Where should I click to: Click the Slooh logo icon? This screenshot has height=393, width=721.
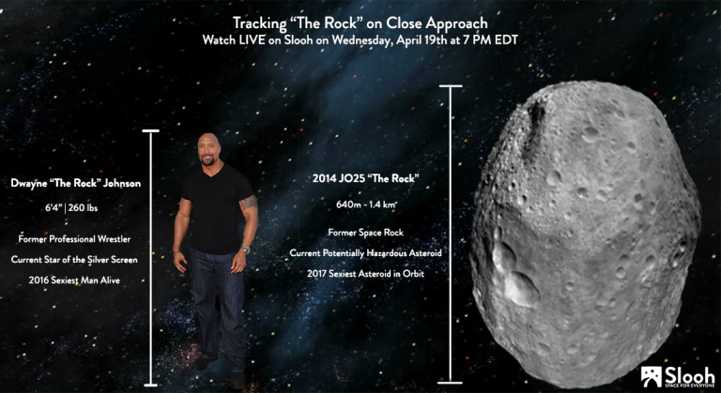652,376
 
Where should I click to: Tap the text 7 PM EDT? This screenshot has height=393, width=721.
489,40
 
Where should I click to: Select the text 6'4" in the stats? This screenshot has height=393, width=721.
53,208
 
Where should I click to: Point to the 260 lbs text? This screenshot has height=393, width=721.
83,208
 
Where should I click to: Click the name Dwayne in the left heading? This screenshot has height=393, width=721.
29,184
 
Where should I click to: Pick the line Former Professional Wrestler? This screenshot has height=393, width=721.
74,239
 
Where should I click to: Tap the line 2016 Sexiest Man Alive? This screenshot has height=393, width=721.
74,280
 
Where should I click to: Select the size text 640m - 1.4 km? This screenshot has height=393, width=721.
366,204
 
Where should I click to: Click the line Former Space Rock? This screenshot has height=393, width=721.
365,233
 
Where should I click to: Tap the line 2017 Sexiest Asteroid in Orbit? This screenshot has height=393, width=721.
365,274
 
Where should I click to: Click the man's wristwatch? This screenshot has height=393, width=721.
245,250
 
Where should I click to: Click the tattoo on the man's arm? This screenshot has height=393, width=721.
248,202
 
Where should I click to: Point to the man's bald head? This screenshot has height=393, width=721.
208,141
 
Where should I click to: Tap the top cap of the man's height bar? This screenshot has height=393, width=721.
150,131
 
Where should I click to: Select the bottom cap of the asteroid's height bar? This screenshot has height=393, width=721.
450,383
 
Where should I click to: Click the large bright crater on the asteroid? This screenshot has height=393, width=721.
520,288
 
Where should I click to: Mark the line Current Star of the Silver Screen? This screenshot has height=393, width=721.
74,260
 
